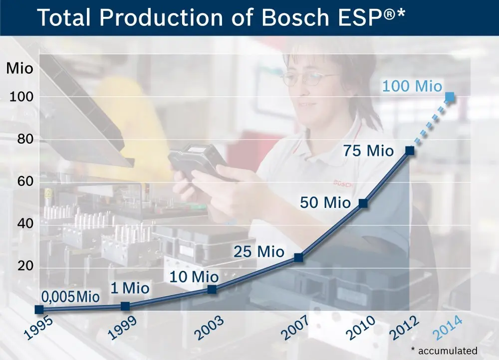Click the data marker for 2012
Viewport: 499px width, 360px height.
point(410,150)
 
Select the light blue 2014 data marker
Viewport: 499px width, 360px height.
point(450,96)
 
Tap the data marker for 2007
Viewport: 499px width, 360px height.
point(298,257)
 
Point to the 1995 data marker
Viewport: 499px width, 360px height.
point(39,310)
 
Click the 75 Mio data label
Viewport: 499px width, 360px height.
point(368,151)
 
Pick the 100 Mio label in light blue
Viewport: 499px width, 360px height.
point(412,86)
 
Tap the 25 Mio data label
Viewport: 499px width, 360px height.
point(258,251)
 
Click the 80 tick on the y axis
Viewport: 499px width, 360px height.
point(21,139)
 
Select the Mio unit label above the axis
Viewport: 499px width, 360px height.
point(19,69)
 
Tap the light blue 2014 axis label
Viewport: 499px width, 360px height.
point(445,328)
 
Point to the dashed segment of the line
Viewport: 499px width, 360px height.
point(430,123)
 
